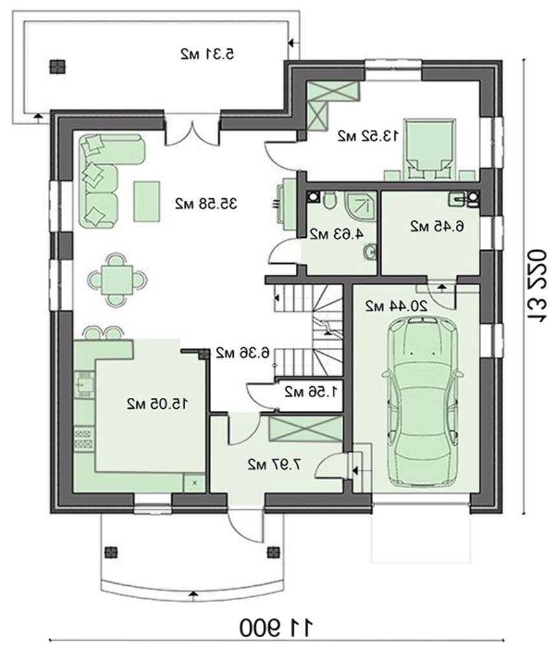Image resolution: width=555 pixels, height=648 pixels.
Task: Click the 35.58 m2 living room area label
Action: pyautogui.click(x=206, y=203)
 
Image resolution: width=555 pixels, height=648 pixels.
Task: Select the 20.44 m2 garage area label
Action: pyautogui.click(x=396, y=306)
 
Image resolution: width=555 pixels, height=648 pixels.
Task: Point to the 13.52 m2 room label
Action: pyautogui.click(x=368, y=135)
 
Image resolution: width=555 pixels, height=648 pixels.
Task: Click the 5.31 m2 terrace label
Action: pyautogui.click(x=207, y=54)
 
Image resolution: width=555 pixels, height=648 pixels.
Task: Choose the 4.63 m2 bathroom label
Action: pyautogui.click(x=337, y=234)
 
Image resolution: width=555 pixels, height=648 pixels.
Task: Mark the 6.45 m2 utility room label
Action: pyautogui.click(x=437, y=226)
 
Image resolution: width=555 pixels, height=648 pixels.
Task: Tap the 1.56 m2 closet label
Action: pyautogui.click(x=311, y=391)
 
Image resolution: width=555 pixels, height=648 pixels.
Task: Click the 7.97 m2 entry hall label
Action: pyautogui.click(x=274, y=465)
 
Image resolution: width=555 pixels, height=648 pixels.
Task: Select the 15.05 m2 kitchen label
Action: pyautogui.click(x=157, y=404)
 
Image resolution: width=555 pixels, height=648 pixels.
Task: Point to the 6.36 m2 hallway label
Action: pyautogui.click(x=243, y=353)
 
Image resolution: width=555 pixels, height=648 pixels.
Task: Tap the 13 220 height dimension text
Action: pyautogui.click(x=538, y=284)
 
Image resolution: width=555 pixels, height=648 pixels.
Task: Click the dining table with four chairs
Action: pyautogui.click(x=117, y=280)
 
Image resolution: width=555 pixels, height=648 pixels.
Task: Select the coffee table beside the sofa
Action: pyautogui.click(x=146, y=202)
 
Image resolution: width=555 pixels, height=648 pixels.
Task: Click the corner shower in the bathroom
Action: pyautogui.click(x=360, y=204)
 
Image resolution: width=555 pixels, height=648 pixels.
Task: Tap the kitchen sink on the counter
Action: pyautogui.click(x=84, y=385)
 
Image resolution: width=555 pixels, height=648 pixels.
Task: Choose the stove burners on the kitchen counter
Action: pyautogui.click(x=84, y=439)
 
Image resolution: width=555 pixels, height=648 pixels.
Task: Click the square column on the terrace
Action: pyautogui.click(x=58, y=67)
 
